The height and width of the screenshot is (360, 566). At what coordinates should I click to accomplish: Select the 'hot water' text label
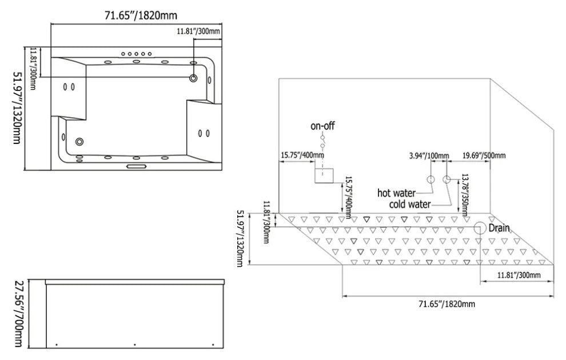pyautogui.click(x=396, y=193)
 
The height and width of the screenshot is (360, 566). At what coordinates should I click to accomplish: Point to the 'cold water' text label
pyautogui.click(x=410, y=204)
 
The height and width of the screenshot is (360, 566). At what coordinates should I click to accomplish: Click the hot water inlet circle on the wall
pyautogui.click(x=431, y=179)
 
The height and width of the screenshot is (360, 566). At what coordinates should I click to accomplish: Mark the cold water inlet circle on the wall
pyautogui.click(x=447, y=179)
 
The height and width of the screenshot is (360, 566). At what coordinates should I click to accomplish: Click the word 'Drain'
pyautogui.click(x=498, y=228)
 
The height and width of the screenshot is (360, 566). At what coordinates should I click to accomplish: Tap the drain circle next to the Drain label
pyautogui.click(x=479, y=228)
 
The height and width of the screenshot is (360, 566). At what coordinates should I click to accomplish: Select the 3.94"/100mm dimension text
pyautogui.click(x=429, y=155)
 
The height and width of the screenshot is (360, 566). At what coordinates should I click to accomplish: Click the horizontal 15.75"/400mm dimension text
pyautogui.click(x=302, y=155)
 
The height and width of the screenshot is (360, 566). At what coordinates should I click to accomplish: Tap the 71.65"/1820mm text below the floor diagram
pyautogui.click(x=447, y=303)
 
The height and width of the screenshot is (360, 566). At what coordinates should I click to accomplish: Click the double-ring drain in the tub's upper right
pyautogui.click(x=194, y=78)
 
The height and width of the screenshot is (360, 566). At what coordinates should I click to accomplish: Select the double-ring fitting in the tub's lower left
pyautogui.click(x=79, y=141)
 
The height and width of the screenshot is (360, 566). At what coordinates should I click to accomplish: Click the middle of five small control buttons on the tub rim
pyautogui.click(x=137, y=53)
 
